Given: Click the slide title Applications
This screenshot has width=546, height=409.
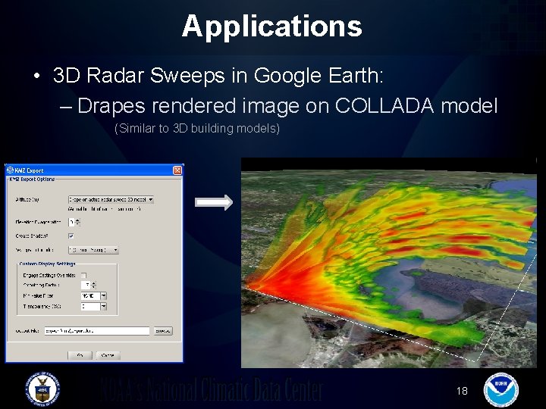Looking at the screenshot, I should click(x=271, y=26).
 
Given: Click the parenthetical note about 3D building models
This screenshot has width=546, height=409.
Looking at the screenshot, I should click(x=196, y=129).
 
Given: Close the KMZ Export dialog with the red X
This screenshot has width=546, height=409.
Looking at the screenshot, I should click(x=177, y=170).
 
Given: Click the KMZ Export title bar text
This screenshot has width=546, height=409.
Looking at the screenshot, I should click(x=30, y=170).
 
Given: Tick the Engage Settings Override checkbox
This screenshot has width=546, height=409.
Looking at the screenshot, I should click(x=83, y=275).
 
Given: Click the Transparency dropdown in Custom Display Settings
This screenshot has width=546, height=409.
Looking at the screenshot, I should click(x=94, y=307).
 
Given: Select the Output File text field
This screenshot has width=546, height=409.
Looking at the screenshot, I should click(x=107, y=331).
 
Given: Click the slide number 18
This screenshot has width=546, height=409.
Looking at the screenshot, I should click(x=463, y=391).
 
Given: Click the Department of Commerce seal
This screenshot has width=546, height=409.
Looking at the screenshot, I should click(x=42, y=389).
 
